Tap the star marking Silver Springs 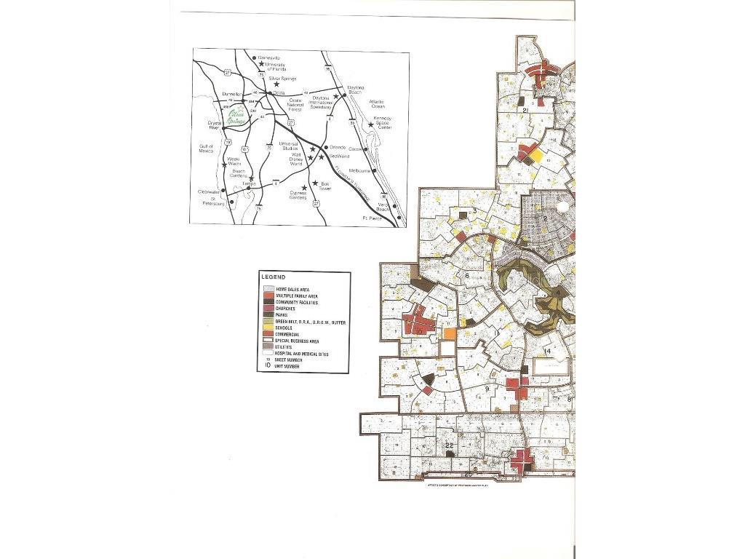click(277, 84)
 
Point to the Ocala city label click(279, 93)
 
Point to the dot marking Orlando click(325, 148)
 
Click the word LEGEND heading click(274, 277)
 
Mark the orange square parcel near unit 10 click(450, 334)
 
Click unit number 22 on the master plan click(450, 445)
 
